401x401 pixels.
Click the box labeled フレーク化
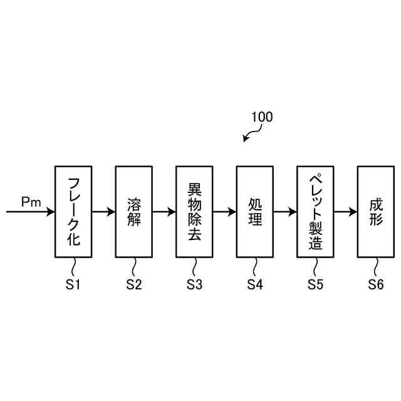[x=73, y=211]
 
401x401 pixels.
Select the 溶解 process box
[x=133, y=211]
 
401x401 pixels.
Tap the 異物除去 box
[x=194, y=211]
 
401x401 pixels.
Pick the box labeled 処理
[x=254, y=211]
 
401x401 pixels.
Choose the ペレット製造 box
[x=315, y=211]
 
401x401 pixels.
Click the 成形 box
[x=375, y=211]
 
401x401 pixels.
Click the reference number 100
[x=262, y=117]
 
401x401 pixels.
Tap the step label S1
[x=73, y=284]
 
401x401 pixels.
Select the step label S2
[x=133, y=284]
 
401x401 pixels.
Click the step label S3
[x=194, y=284]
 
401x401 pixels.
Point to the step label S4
[x=254, y=284]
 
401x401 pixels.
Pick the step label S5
[x=315, y=284]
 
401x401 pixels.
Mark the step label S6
[x=375, y=284]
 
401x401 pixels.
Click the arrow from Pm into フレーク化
[x=31, y=212]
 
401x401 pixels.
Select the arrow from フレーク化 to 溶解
[x=103, y=212]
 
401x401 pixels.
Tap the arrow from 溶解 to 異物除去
[x=164, y=212]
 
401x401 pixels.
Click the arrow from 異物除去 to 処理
[x=224, y=212]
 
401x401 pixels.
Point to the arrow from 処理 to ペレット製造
[x=284, y=212]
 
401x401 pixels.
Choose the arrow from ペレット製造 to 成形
[x=345, y=212]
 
